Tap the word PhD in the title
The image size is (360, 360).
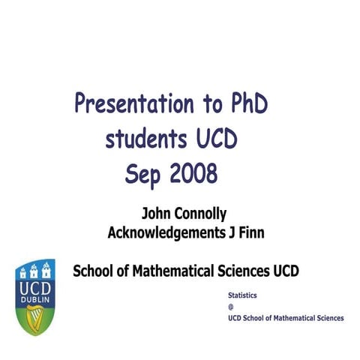(244, 103)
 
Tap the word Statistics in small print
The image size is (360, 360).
(242, 297)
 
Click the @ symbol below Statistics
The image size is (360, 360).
(231, 307)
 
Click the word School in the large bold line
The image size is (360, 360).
(93, 271)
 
